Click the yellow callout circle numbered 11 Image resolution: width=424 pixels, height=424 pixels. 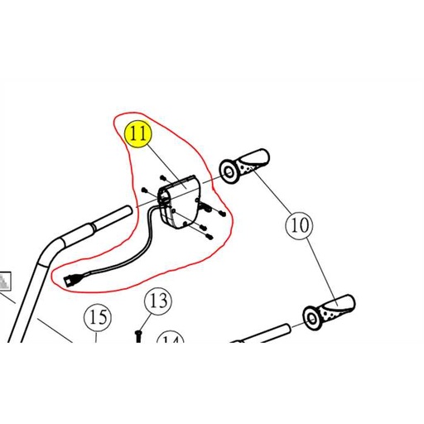pyautogui.click(x=137, y=132)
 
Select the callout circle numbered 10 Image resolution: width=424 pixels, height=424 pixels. pyautogui.click(x=298, y=224)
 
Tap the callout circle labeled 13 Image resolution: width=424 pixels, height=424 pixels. pyautogui.click(x=157, y=301)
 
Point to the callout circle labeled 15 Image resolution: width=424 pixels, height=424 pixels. pyautogui.click(x=98, y=317)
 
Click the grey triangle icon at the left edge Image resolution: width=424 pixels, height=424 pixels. pyautogui.click(x=6, y=283)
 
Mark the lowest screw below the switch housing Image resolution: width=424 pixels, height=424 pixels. pyautogui.click(x=210, y=238)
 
